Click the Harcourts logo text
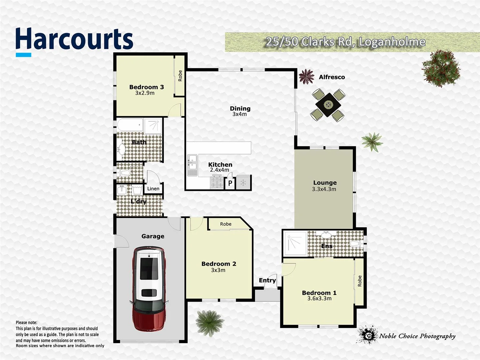click(74, 39)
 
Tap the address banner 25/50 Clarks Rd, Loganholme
click(345, 42)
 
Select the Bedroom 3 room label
click(146, 87)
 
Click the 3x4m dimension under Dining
click(240, 114)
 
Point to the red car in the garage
click(149, 288)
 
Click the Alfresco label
click(332, 77)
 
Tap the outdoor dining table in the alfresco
click(328, 105)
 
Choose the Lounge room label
click(325, 183)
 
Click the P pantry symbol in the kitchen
click(230, 183)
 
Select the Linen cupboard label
click(153, 189)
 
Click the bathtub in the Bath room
click(130, 125)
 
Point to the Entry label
click(267, 280)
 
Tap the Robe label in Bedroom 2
click(226, 224)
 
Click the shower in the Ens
click(295, 243)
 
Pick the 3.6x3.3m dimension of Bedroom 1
click(319, 299)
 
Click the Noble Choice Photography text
click(417, 336)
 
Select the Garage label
click(153, 236)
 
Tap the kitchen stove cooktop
click(216, 182)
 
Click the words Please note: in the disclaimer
click(27, 322)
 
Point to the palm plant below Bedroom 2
click(209, 322)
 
